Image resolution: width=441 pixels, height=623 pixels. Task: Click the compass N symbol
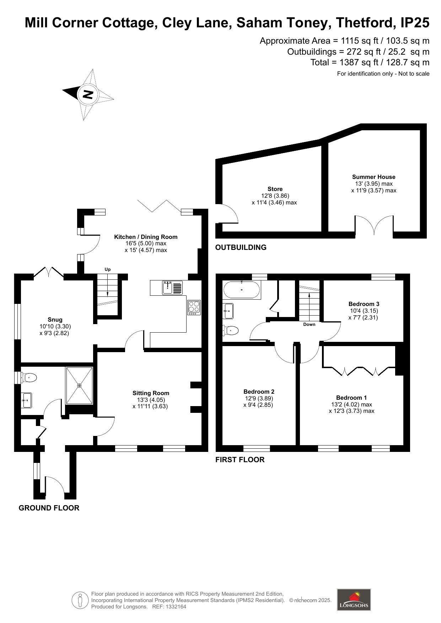[88, 94]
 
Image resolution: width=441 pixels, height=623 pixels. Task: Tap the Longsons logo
[354, 600]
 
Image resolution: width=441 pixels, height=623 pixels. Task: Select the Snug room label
[55, 319]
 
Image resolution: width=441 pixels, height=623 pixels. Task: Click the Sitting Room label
[151, 393]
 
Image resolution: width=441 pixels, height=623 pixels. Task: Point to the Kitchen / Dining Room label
[146, 237]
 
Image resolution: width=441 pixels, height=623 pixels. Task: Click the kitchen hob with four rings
[194, 307]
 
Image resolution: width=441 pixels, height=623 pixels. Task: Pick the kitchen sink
[173, 288]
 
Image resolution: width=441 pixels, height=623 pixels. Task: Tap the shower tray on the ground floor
[79, 385]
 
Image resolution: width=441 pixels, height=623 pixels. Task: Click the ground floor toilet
[29, 377]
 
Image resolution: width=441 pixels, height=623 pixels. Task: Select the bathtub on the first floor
[242, 290]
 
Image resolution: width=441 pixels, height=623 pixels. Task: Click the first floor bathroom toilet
[231, 330]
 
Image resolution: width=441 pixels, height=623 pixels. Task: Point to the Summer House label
[373, 177]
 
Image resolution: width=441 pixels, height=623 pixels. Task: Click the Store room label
[275, 189]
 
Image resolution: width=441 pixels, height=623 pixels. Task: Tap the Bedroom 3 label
[364, 304]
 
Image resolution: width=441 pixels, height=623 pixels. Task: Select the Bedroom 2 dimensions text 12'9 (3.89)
[259, 398]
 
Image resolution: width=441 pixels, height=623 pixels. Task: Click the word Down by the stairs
[309, 324]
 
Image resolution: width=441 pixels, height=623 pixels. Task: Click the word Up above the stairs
[108, 269]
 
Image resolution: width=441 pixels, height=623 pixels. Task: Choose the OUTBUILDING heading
[241, 247]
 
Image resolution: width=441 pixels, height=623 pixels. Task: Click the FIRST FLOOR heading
[240, 460]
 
